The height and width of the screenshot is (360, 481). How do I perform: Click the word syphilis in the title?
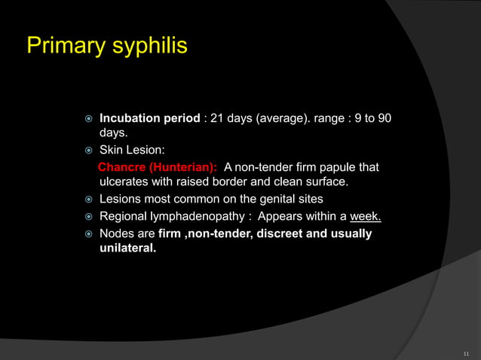click(x=150, y=47)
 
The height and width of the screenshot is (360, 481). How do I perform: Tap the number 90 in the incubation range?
click(x=384, y=119)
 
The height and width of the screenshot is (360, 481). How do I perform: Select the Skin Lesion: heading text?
click(x=132, y=151)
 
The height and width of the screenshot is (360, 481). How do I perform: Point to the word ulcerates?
click(x=124, y=182)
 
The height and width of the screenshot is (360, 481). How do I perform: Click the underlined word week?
click(x=366, y=217)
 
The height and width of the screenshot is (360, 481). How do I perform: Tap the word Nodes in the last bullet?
click(x=117, y=233)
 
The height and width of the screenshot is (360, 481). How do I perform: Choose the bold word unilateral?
click(x=128, y=249)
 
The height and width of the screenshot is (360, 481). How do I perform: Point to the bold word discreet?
click(x=283, y=233)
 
